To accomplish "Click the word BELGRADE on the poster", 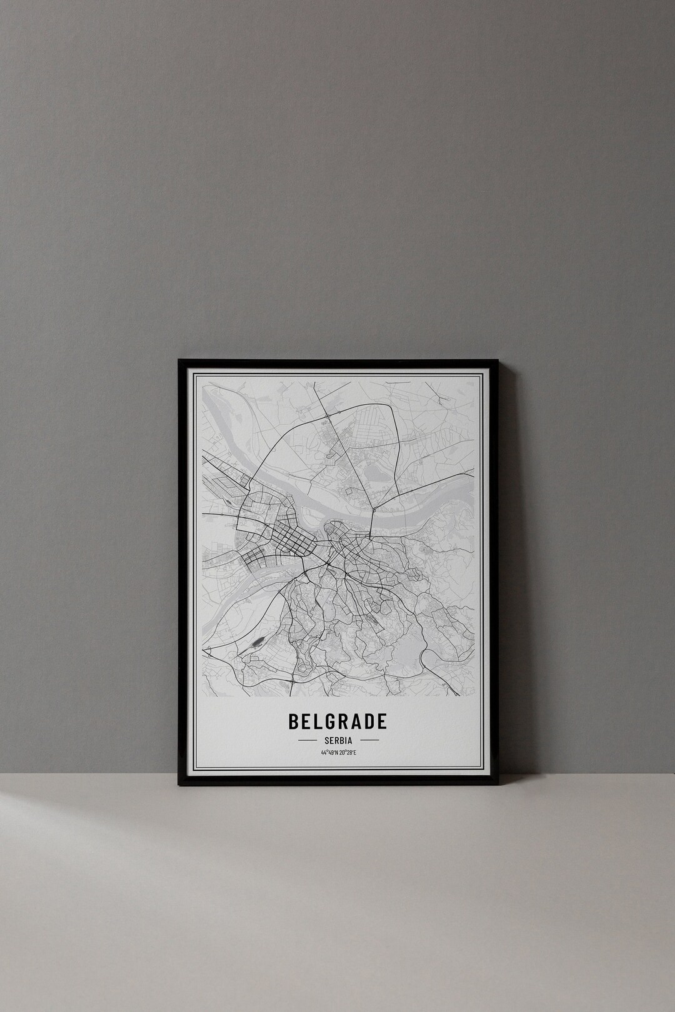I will (337, 721).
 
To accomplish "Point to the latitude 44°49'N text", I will (329, 753).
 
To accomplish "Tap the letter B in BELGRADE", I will (293, 721).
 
